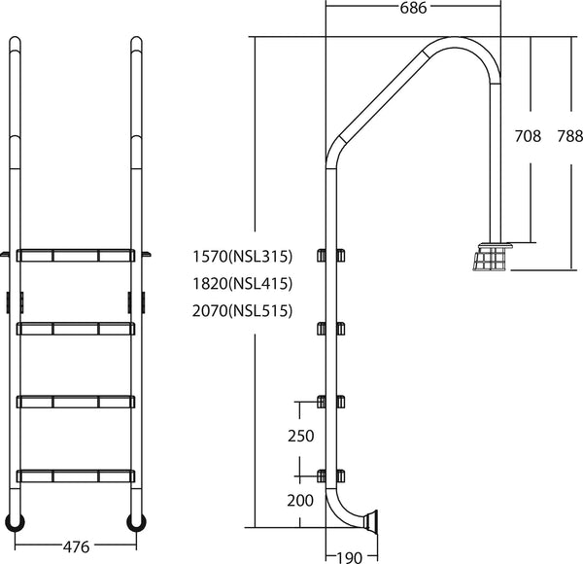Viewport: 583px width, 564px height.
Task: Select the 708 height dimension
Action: [x=527, y=137]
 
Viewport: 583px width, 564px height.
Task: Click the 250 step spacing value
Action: [x=301, y=436]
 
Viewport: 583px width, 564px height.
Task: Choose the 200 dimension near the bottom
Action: [x=301, y=501]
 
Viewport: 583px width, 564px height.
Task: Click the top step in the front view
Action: [x=76, y=256]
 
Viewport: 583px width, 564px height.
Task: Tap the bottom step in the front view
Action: [x=76, y=476]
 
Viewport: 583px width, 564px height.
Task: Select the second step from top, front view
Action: [x=76, y=329]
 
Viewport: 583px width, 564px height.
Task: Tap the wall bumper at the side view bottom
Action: [x=371, y=521]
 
